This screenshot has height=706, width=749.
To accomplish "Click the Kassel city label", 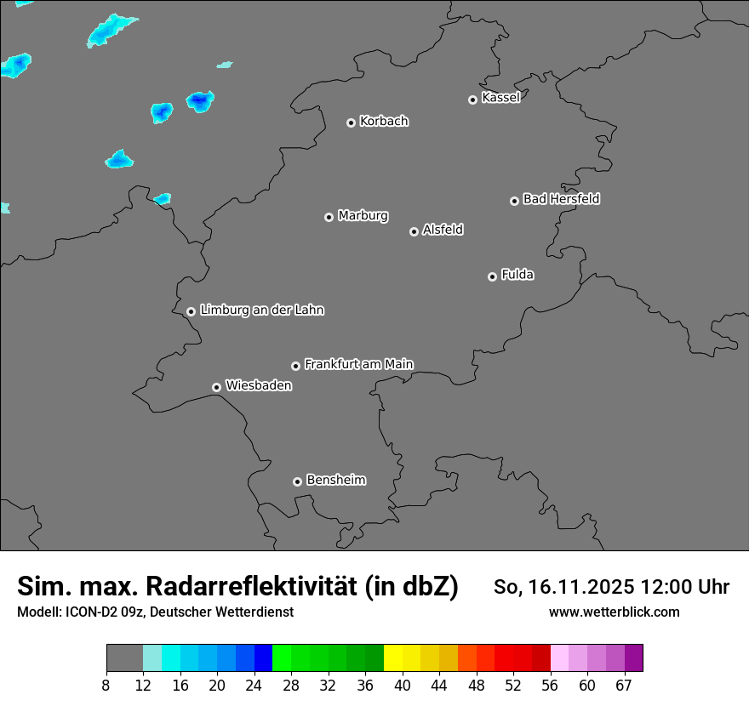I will (x=500, y=98).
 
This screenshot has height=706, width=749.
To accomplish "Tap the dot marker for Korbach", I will (x=351, y=122).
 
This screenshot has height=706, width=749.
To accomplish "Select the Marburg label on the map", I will (x=363, y=216).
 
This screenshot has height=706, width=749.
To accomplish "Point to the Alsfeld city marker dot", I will (x=414, y=231).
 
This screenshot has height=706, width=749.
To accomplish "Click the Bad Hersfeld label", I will (x=561, y=199).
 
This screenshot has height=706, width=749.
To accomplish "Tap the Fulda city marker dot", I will (x=492, y=276).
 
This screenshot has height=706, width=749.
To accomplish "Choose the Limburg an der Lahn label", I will (x=261, y=310).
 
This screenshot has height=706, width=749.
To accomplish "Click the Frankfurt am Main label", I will (x=358, y=364).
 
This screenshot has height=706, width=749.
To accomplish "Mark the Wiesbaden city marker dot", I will (x=216, y=387).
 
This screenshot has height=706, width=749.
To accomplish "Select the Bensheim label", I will (x=335, y=480).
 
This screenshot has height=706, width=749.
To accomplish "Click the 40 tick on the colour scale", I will (x=403, y=685).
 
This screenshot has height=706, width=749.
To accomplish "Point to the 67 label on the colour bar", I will (x=624, y=685).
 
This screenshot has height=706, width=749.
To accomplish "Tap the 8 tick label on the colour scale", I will (x=106, y=685).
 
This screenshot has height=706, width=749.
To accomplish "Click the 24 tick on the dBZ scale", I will (x=254, y=685).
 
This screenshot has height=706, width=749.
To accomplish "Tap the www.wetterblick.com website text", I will (x=614, y=612).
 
